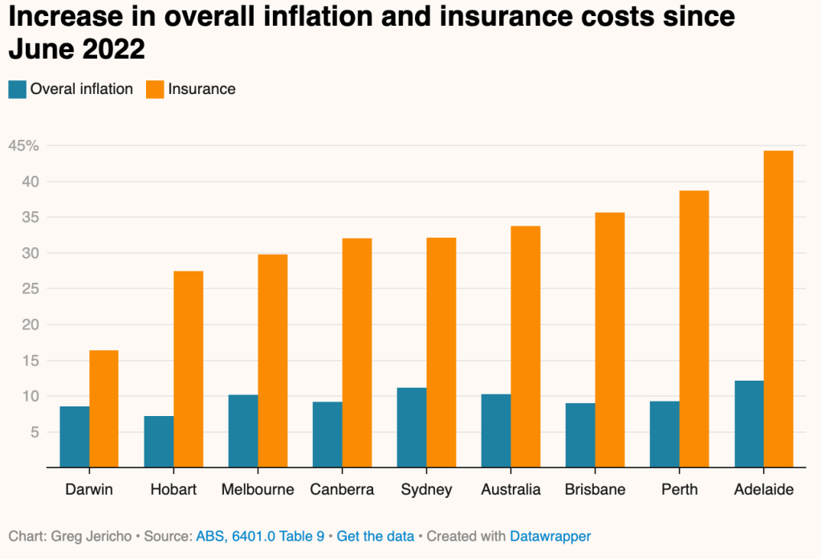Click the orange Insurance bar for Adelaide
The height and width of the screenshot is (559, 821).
click(778, 309)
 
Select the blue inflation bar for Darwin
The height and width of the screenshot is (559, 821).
click(75, 437)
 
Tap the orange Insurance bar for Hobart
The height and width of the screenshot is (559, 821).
click(189, 369)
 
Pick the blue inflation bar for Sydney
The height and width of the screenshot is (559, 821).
click(412, 427)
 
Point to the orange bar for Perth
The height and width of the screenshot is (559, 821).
click(694, 329)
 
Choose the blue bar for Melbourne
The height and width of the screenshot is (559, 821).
click(243, 431)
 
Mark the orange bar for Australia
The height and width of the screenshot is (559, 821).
click(526, 347)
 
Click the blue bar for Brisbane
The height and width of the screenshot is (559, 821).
click(580, 435)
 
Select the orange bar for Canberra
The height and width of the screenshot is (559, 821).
click(357, 353)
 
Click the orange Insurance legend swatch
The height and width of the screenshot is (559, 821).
click(155, 89)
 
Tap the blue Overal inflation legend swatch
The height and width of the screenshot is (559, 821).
click(18, 89)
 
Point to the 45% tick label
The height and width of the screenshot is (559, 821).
click(22, 145)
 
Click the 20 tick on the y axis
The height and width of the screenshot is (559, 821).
click(29, 324)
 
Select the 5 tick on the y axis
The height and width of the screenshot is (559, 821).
click(34, 432)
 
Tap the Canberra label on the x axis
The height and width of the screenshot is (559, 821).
click(342, 489)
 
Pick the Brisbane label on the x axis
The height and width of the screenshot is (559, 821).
click(595, 489)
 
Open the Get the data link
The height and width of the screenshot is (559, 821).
click(376, 536)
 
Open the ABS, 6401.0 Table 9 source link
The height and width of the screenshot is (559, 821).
click(260, 536)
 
